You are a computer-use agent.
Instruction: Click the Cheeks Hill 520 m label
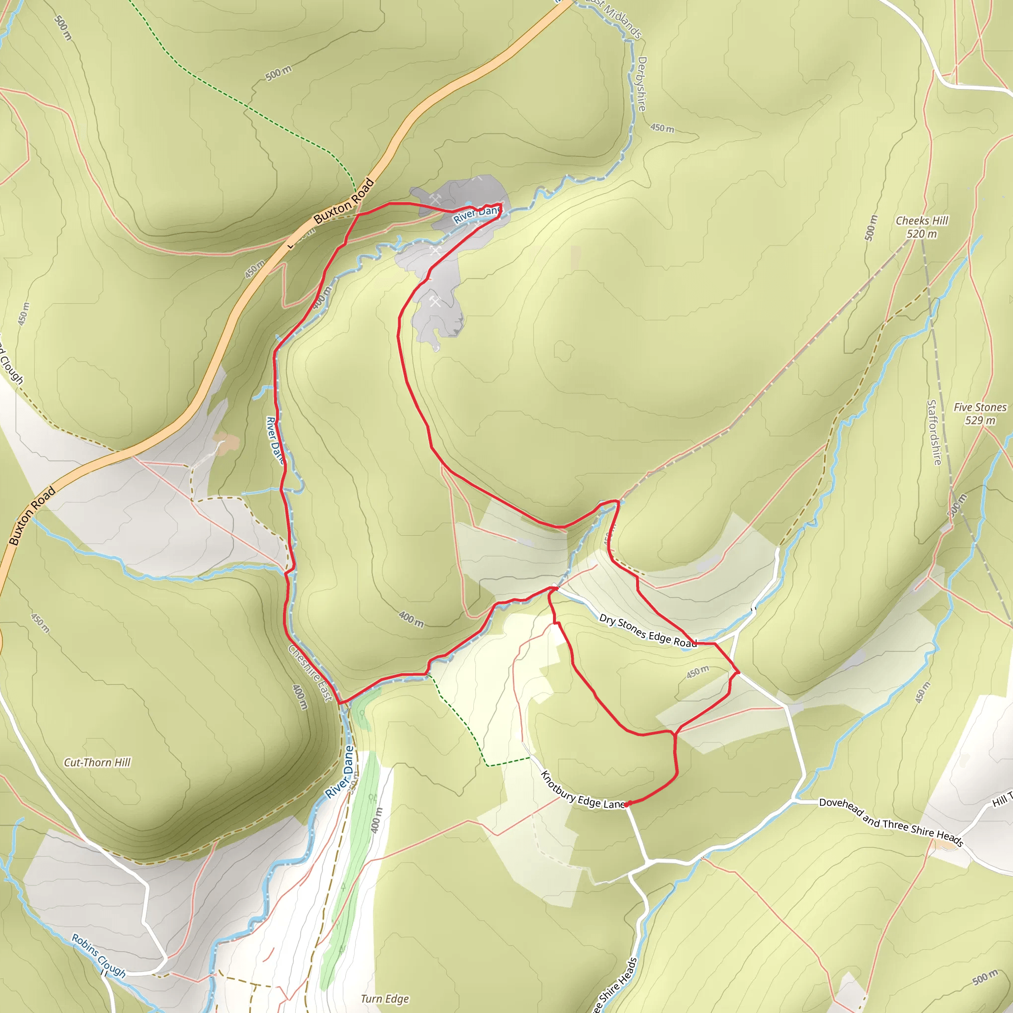922,227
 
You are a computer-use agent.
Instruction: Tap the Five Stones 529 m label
980,414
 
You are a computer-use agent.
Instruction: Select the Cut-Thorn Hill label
97,762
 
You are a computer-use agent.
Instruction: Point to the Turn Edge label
384,999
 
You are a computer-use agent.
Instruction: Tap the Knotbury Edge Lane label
582,789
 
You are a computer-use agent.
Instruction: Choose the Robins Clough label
98,956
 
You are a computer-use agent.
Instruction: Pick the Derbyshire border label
641,84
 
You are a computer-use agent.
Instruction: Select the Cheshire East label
311,673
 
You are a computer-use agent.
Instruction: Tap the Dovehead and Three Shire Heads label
891,822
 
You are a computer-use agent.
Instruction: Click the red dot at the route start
627,804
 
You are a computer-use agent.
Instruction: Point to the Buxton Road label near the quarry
344,201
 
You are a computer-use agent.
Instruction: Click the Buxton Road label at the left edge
32,516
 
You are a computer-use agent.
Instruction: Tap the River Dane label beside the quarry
477,213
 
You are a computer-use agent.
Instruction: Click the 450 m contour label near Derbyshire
662,128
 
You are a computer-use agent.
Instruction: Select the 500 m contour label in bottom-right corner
985,978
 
